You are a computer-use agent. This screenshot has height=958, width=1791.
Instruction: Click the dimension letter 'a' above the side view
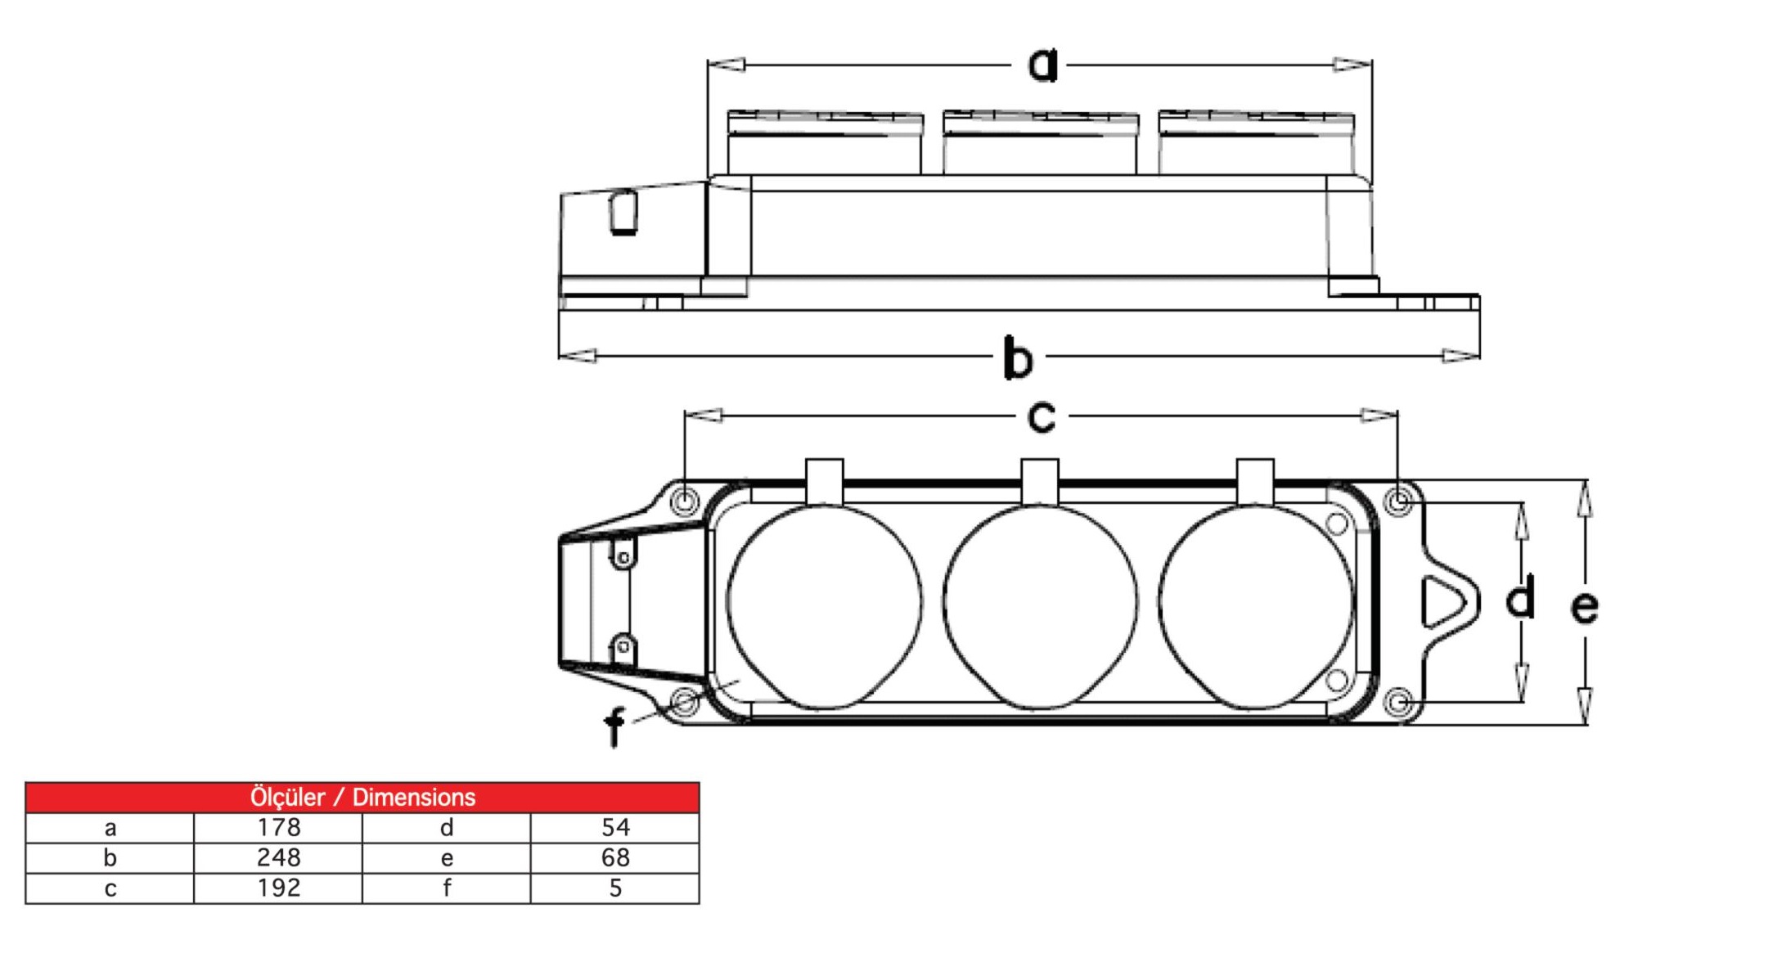[x=1042, y=65]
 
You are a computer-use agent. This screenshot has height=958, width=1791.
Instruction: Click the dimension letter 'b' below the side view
[x=1019, y=358]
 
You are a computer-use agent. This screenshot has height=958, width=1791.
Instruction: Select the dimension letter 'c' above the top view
[x=1042, y=417]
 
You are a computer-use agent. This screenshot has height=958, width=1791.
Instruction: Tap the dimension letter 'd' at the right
[x=1520, y=597]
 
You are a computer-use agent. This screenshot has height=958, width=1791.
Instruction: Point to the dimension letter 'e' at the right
[x=1585, y=607]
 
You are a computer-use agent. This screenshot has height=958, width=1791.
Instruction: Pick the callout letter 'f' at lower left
[x=614, y=726]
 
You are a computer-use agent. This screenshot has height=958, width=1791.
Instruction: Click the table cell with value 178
[x=278, y=828]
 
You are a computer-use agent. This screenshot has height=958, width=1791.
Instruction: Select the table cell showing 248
[x=278, y=858]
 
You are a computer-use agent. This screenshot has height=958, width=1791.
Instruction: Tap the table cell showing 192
[x=278, y=888]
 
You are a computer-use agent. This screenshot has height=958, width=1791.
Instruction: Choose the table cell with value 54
[x=615, y=828]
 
